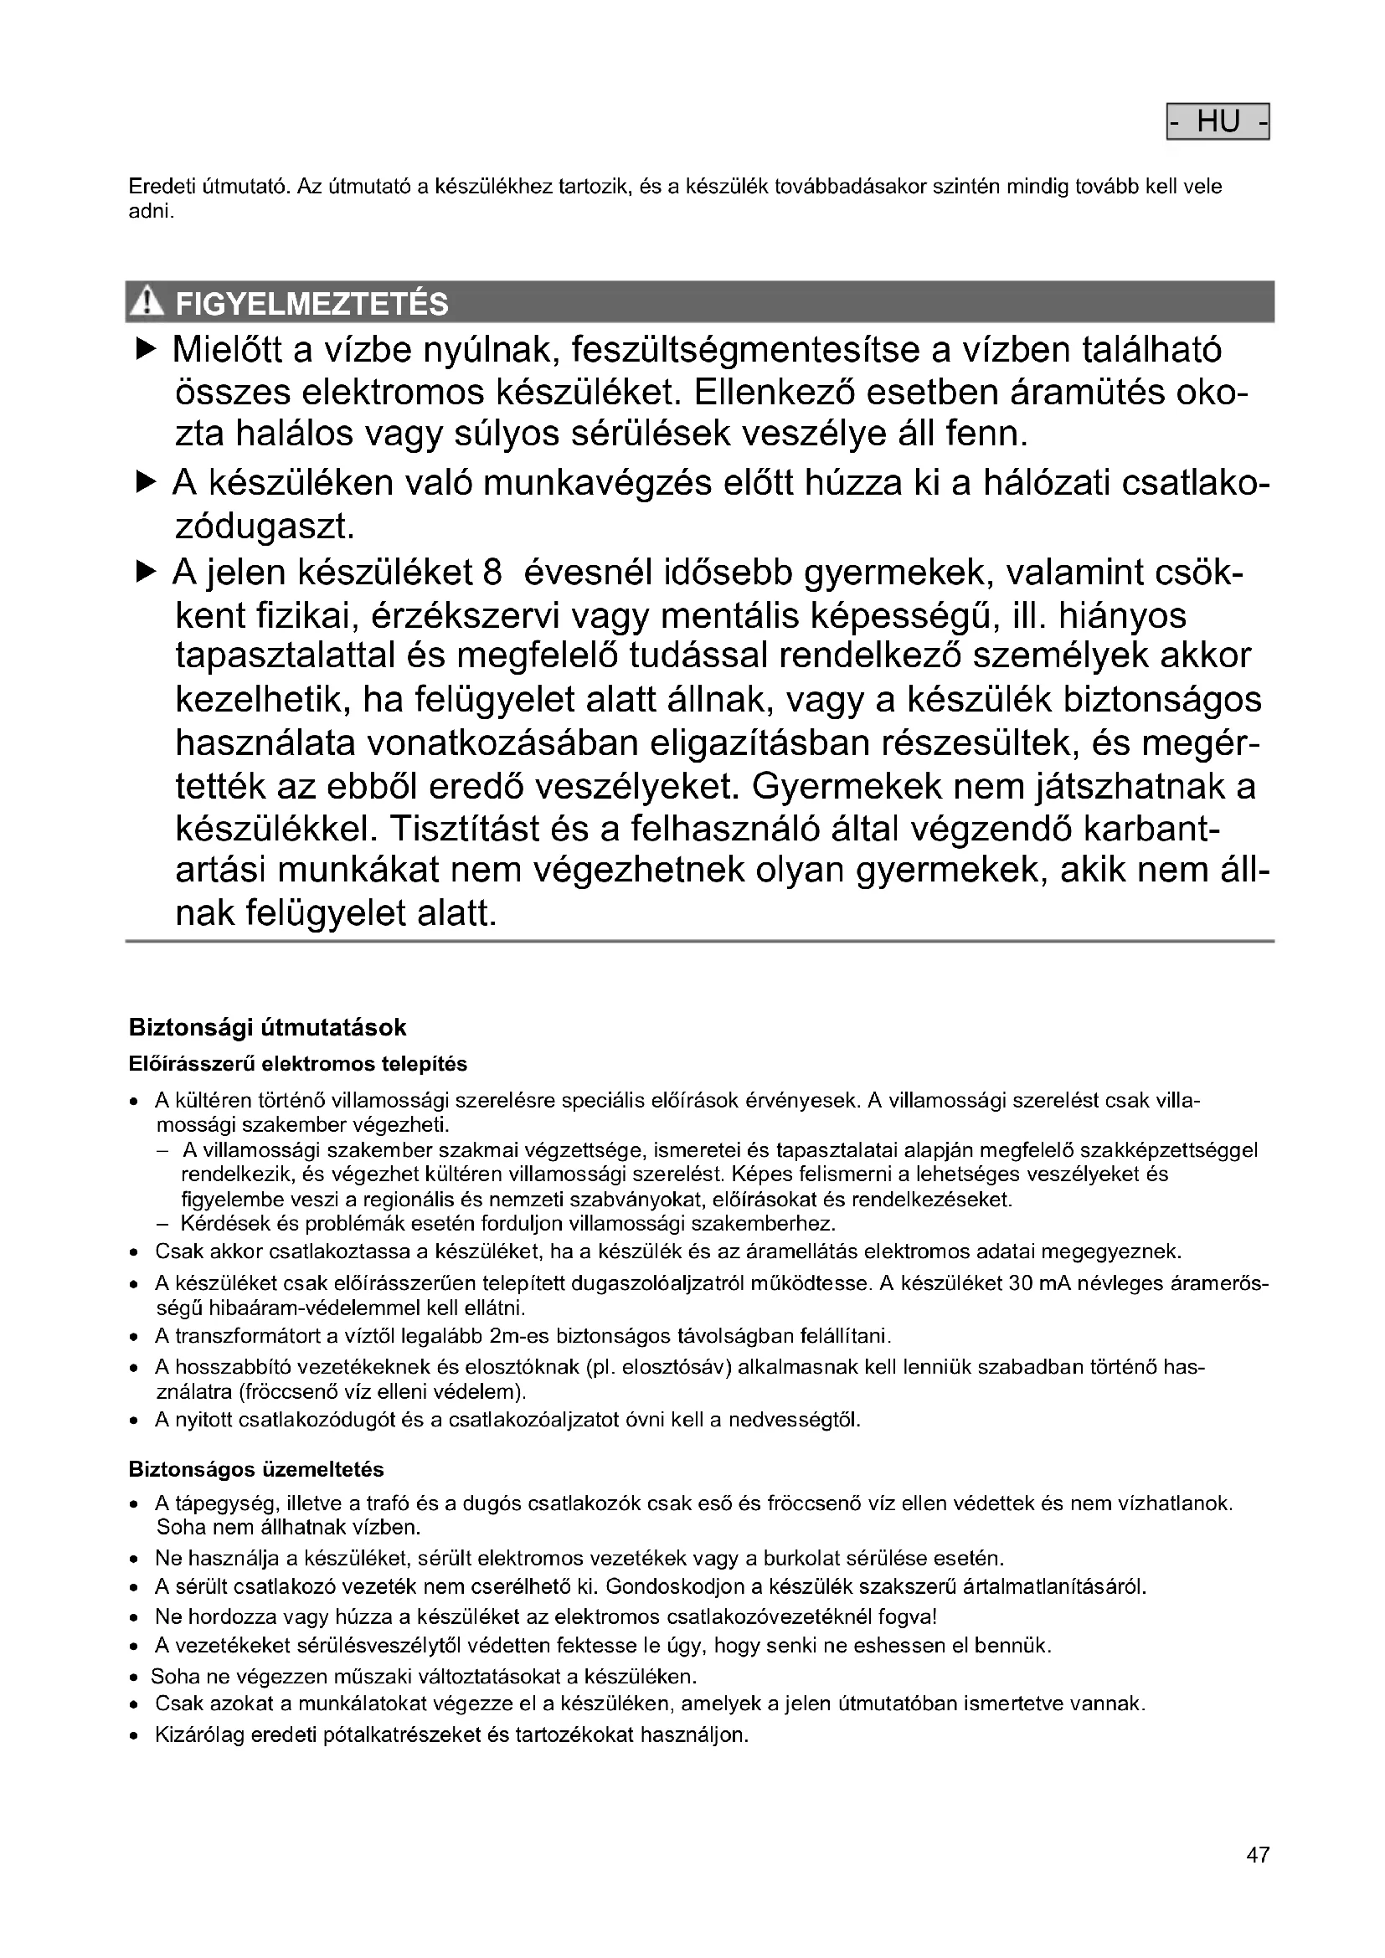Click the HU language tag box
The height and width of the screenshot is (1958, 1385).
[x=1217, y=122]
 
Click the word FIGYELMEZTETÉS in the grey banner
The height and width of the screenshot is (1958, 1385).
[x=311, y=305]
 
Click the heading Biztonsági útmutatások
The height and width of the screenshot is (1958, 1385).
[x=267, y=1027]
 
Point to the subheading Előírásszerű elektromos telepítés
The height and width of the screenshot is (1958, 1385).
[x=297, y=1063]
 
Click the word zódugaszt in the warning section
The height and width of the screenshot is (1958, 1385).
[x=265, y=527]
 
